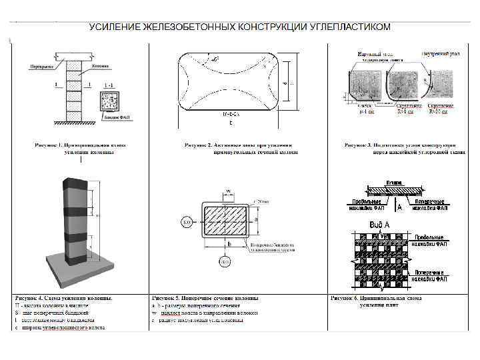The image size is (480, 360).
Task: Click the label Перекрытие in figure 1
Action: click(x=41, y=67)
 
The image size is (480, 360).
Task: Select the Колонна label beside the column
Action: click(x=101, y=67)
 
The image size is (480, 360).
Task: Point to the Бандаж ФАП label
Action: click(x=116, y=117)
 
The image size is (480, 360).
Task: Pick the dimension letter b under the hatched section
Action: click(x=228, y=245)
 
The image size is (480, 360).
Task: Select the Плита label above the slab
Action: click(x=393, y=182)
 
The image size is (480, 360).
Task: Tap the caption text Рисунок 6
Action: click(x=346, y=298)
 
